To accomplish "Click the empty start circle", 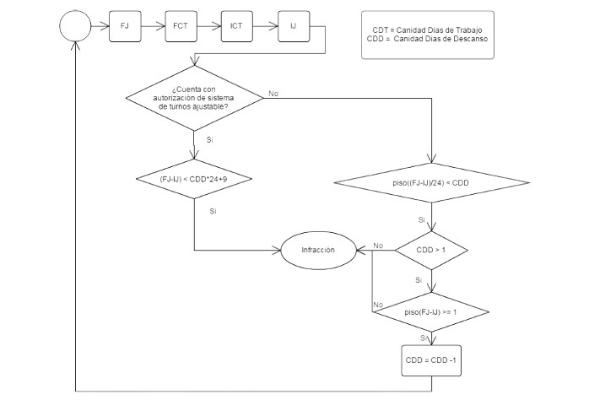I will (x=76, y=25).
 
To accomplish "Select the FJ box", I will (x=125, y=25).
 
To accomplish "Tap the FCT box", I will (x=180, y=25).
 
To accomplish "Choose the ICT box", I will (x=235, y=25).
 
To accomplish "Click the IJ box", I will (x=292, y=25).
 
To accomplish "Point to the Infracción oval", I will (x=318, y=250).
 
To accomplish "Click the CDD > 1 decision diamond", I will (x=431, y=250).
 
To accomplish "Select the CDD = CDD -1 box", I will (x=431, y=360).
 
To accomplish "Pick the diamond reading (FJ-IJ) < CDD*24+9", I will (x=195, y=179).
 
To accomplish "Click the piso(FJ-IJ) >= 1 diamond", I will (x=431, y=311).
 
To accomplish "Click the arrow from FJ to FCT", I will (x=152, y=25).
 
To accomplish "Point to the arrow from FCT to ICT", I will (x=208, y=25).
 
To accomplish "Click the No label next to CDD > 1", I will (x=378, y=245).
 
